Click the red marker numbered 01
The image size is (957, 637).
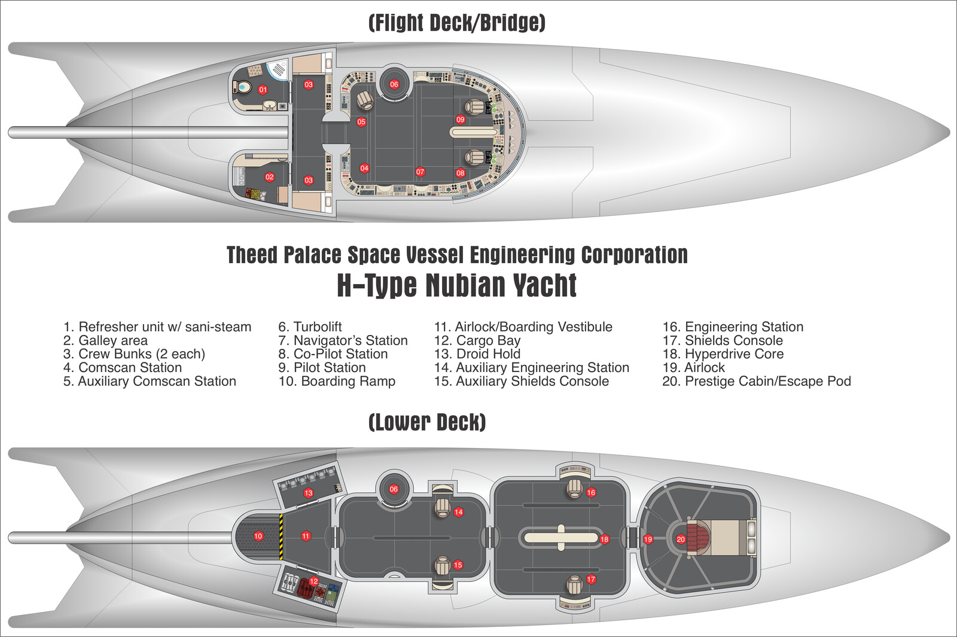263,90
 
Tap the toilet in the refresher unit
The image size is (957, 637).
244,88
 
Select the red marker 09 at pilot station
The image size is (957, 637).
461,120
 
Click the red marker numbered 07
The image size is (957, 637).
420,172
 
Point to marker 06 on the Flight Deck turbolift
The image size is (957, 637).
394,84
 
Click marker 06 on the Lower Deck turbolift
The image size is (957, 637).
394,489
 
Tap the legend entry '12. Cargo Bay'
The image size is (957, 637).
477,340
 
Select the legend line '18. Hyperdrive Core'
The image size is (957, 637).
723,354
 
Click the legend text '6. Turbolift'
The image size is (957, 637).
310,327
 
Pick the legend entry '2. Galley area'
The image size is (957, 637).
105,340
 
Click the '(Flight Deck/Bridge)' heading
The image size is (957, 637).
457,23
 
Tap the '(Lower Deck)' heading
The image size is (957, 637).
427,422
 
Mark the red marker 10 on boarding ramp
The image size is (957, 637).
258,537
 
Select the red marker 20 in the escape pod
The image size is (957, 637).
681,540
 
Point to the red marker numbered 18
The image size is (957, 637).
605,540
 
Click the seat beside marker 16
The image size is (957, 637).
575,488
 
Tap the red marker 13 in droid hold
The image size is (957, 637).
309,493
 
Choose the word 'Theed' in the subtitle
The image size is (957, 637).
252,255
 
